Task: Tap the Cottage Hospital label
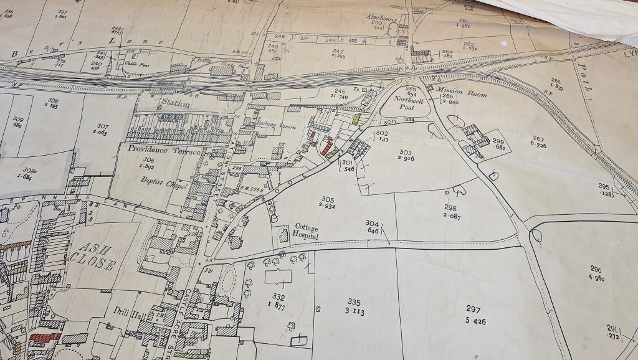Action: [307, 232]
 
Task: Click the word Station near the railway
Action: [175, 104]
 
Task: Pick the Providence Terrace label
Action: [156, 150]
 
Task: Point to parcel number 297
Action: [473, 309]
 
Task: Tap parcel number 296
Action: [596, 268]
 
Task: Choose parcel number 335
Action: [355, 303]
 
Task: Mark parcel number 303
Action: [406, 152]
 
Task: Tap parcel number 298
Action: [450, 208]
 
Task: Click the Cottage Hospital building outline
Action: [284, 236]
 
